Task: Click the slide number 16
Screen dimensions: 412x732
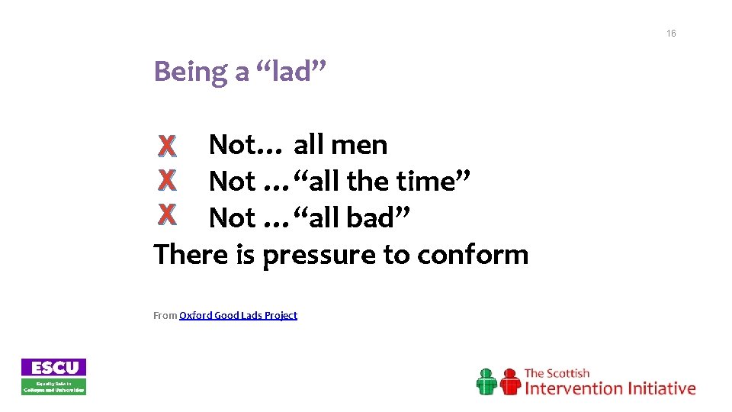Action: [x=670, y=34]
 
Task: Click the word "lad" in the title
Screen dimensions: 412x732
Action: [x=294, y=72]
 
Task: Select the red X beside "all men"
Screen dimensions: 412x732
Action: [x=166, y=145]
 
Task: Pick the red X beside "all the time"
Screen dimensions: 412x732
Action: [x=166, y=181]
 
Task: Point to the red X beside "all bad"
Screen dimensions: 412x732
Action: [x=166, y=217]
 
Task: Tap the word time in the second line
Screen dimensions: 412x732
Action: [x=432, y=182]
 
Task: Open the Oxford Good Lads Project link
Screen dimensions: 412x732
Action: [x=238, y=315]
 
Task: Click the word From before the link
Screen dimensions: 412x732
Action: [x=165, y=315]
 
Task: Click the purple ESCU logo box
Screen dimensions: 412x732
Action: [x=53, y=367]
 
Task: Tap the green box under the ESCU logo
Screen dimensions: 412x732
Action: [x=53, y=386]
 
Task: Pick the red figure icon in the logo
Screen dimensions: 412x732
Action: [x=509, y=381]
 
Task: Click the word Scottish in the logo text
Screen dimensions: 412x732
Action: [x=567, y=373]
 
